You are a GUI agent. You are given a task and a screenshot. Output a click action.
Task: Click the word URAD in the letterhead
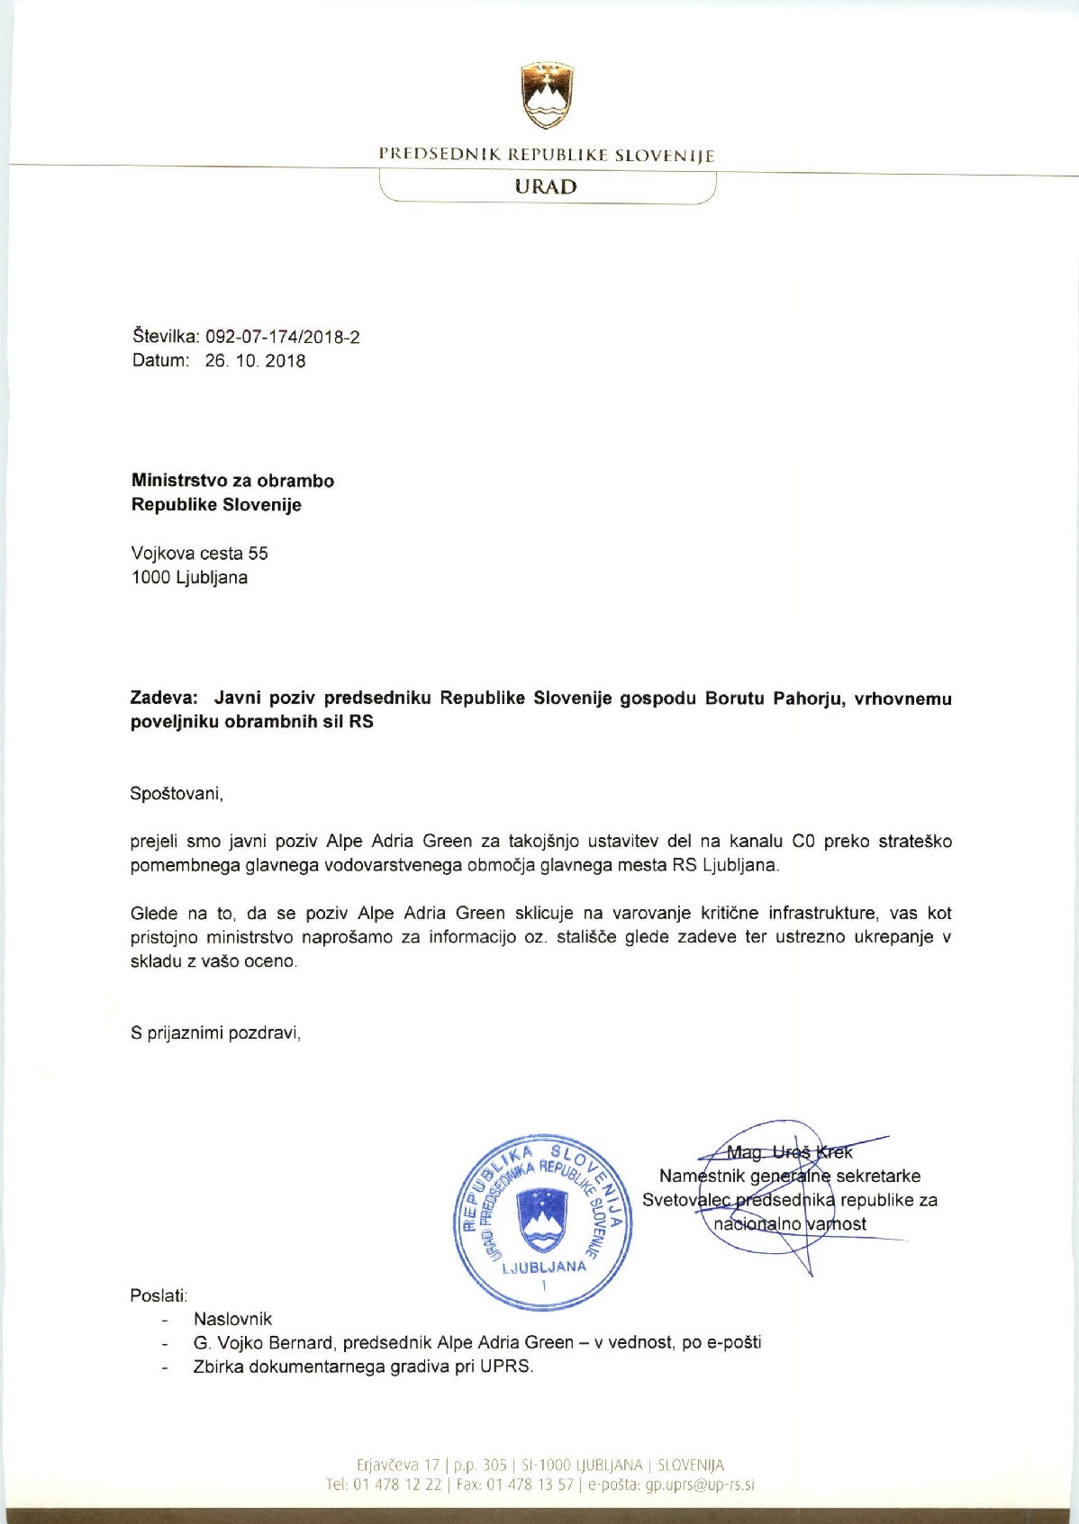click(x=546, y=187)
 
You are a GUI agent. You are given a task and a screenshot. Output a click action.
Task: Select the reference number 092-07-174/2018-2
click(x=283, y=338)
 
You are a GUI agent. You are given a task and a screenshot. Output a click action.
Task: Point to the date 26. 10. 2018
click(x=255, y=361)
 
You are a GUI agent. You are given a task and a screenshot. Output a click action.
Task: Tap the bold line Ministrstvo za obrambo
click(x=232, y=481)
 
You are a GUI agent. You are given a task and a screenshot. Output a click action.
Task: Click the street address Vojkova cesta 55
click(x=199, y=554)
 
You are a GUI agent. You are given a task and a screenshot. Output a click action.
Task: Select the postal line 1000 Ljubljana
click(x=189, y=578)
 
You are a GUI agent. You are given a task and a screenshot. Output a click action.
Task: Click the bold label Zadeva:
click(x=164, y=699)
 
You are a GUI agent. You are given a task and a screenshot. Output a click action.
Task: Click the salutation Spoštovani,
click(x=177, y=794)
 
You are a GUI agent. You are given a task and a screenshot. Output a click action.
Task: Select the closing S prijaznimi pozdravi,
click(x=215, y=1033)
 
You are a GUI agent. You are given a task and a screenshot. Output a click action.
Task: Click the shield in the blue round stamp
click(x=543, y=1218)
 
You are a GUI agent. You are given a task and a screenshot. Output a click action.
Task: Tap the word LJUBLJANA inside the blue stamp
click(x=544, y=1267)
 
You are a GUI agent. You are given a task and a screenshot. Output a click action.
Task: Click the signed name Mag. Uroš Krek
click(x=789, y=1152)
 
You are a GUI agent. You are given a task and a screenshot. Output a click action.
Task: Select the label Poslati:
click(x=159, y=1296)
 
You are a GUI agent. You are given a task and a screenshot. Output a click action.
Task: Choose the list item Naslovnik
click(x=232, y=1320)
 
